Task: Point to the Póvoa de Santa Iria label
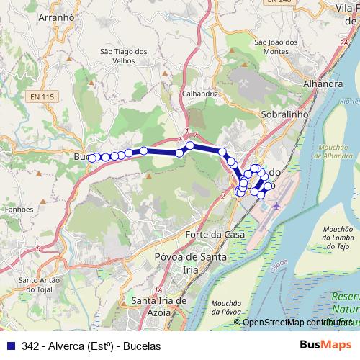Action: [190, 262]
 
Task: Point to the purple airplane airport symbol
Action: [278, 206]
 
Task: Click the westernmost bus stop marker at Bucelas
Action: [91, 158]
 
